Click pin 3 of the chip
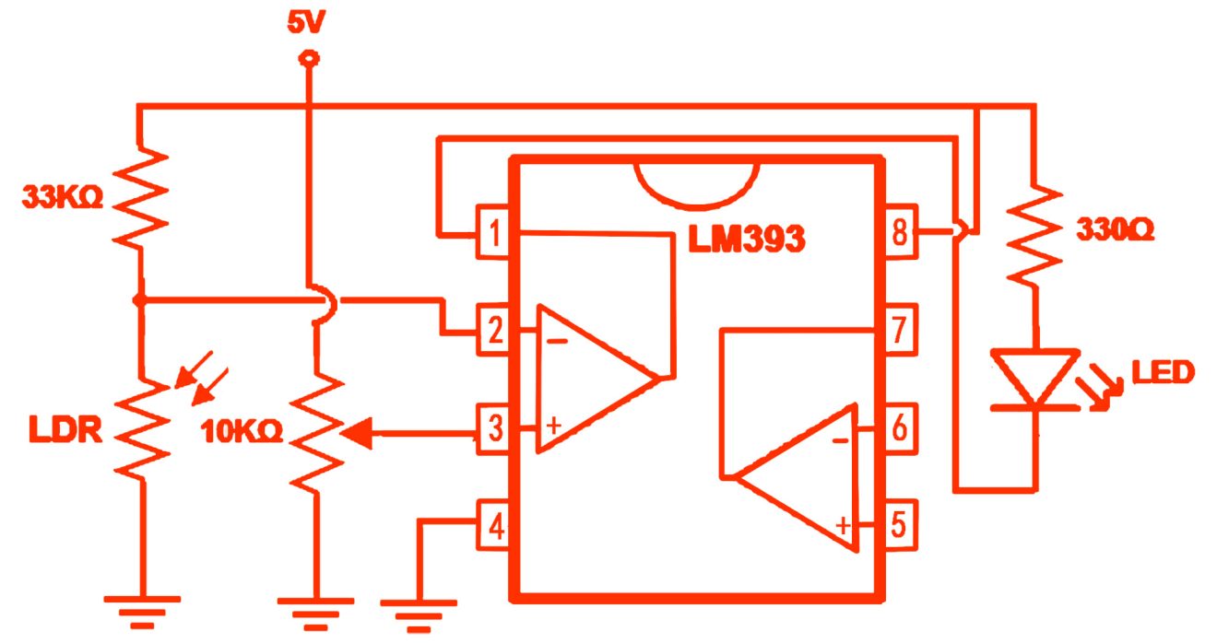pyautogui.click(x=495, y=429)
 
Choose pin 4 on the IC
pyautogui.click(x=495, y=527)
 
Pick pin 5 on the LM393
pyautogui.click(x=898, y=527)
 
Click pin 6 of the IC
pyautogui.click(x=898, y=429)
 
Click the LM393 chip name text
pyautogui.click(x=747, y=239)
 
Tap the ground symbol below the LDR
pyautogui.click(x=143, y=608)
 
